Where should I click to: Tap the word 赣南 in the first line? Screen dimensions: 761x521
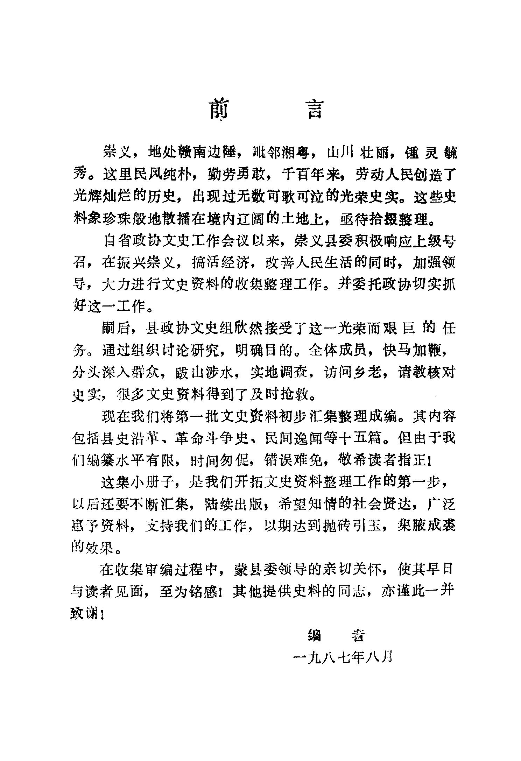pos(198,153)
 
